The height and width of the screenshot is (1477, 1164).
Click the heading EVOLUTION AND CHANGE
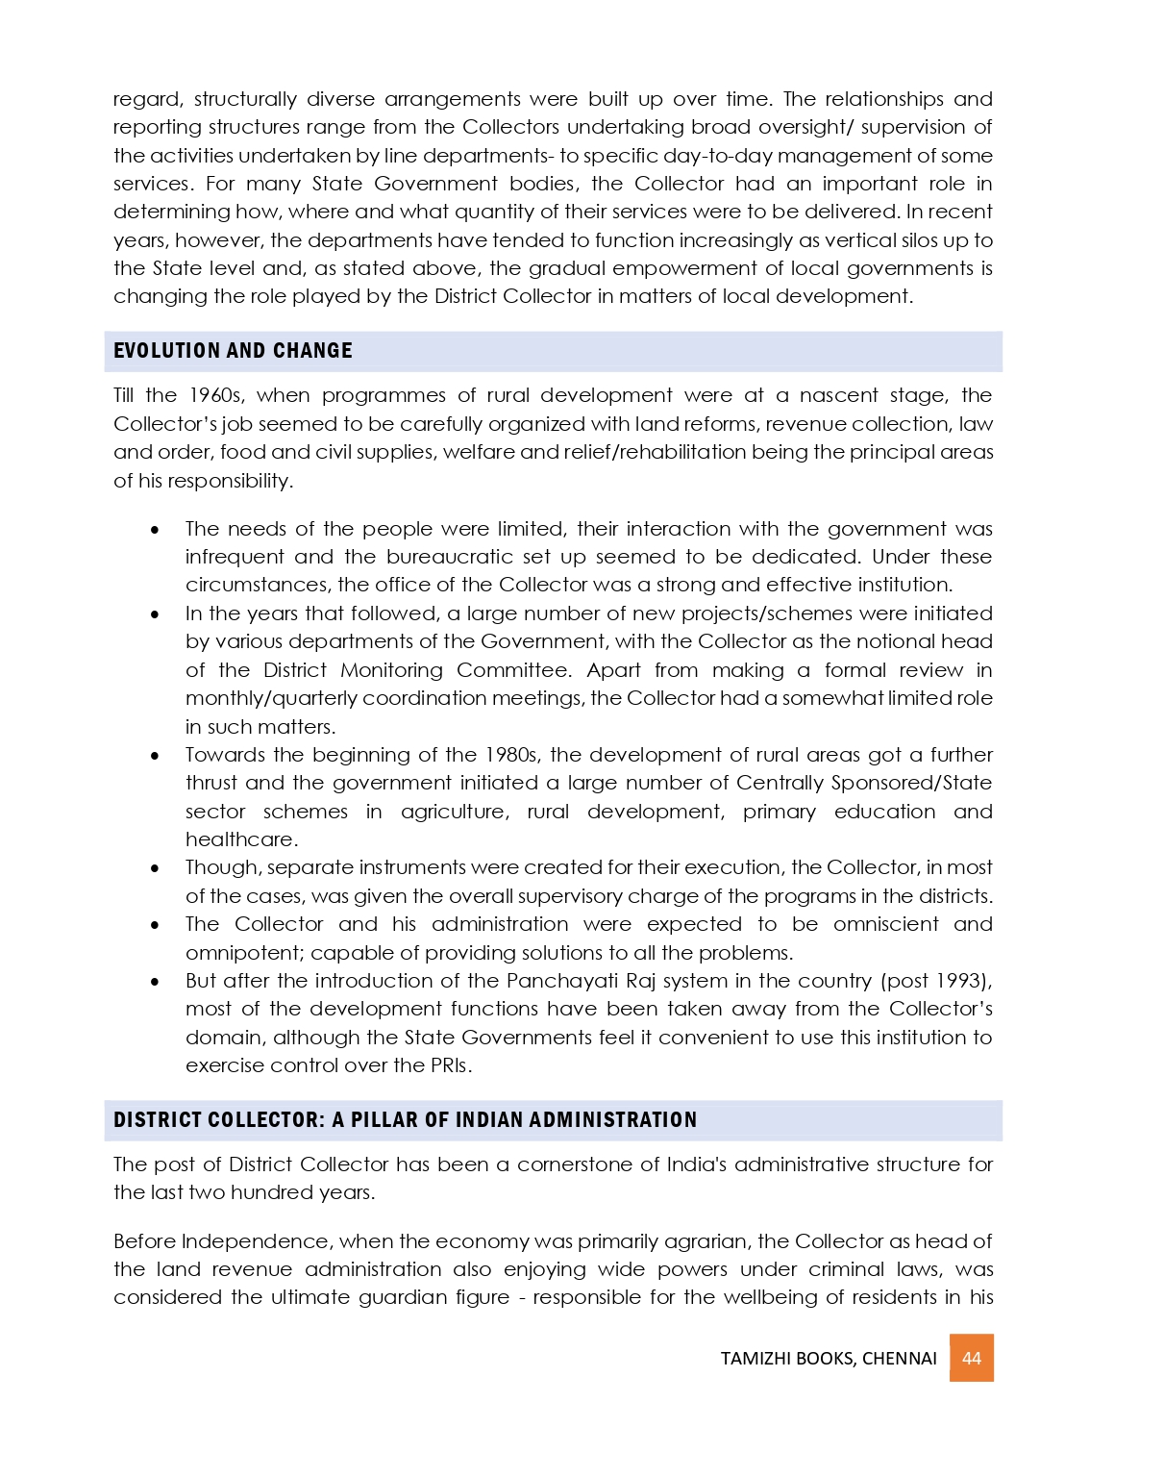[233, 351]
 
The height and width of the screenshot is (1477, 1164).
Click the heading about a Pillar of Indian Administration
[405, 1120]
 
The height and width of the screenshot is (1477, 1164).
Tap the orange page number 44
[971, 1358]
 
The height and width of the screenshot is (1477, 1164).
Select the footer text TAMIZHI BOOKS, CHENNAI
[829, 1359]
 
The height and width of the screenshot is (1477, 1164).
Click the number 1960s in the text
[216, 395]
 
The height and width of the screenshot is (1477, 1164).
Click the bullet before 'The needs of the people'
[155, 530]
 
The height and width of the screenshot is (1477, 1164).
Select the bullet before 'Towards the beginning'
[155, 756]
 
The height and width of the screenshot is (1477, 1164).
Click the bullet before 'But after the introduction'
[155, 982]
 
